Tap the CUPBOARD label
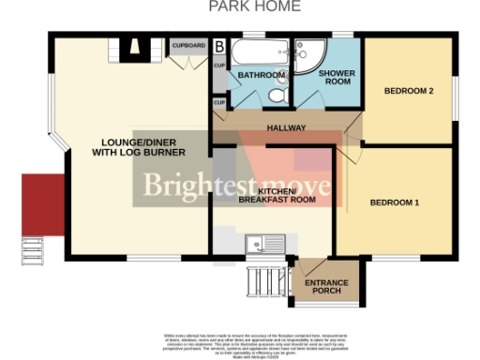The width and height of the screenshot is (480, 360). point(188,44)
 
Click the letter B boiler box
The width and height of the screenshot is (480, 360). point(219,45)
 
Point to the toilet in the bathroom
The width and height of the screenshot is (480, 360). point(279,95)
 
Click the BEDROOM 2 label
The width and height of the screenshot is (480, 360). point(408,91)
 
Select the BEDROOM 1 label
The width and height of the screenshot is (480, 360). point(394,202)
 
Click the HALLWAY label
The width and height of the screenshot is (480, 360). point(281,125)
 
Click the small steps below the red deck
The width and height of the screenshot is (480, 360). point(34,252)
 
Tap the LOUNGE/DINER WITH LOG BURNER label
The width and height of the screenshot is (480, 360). point(142,146)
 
